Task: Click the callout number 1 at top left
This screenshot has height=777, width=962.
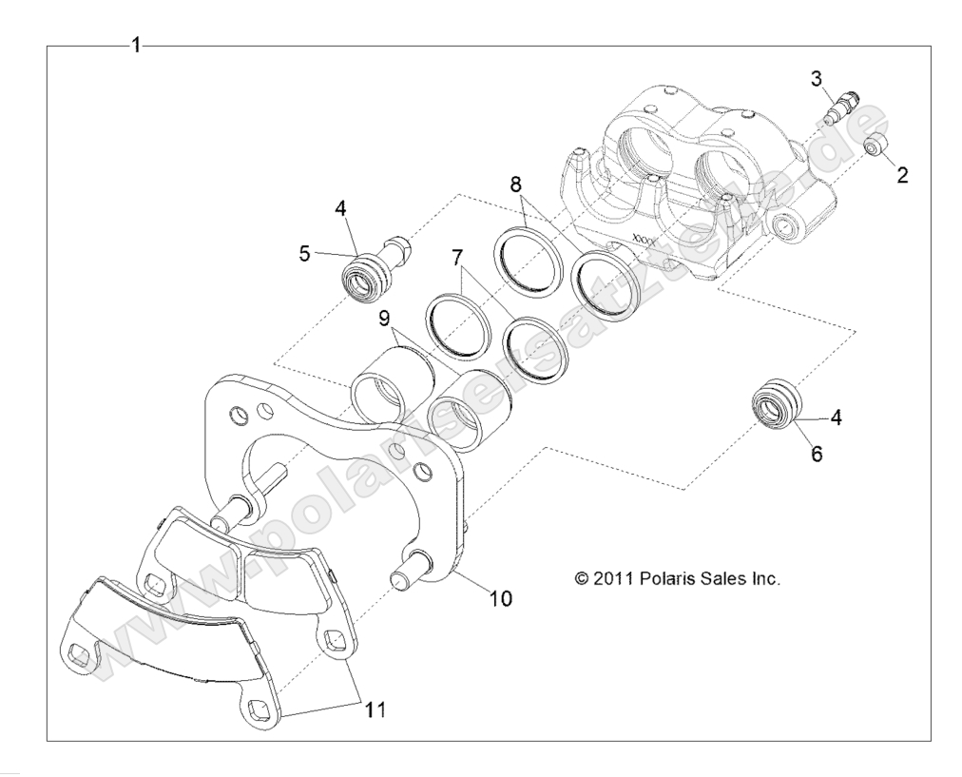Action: [137, 46]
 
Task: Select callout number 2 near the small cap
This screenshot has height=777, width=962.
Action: [901, 175]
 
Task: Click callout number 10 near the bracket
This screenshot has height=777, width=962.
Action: [500, 598]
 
